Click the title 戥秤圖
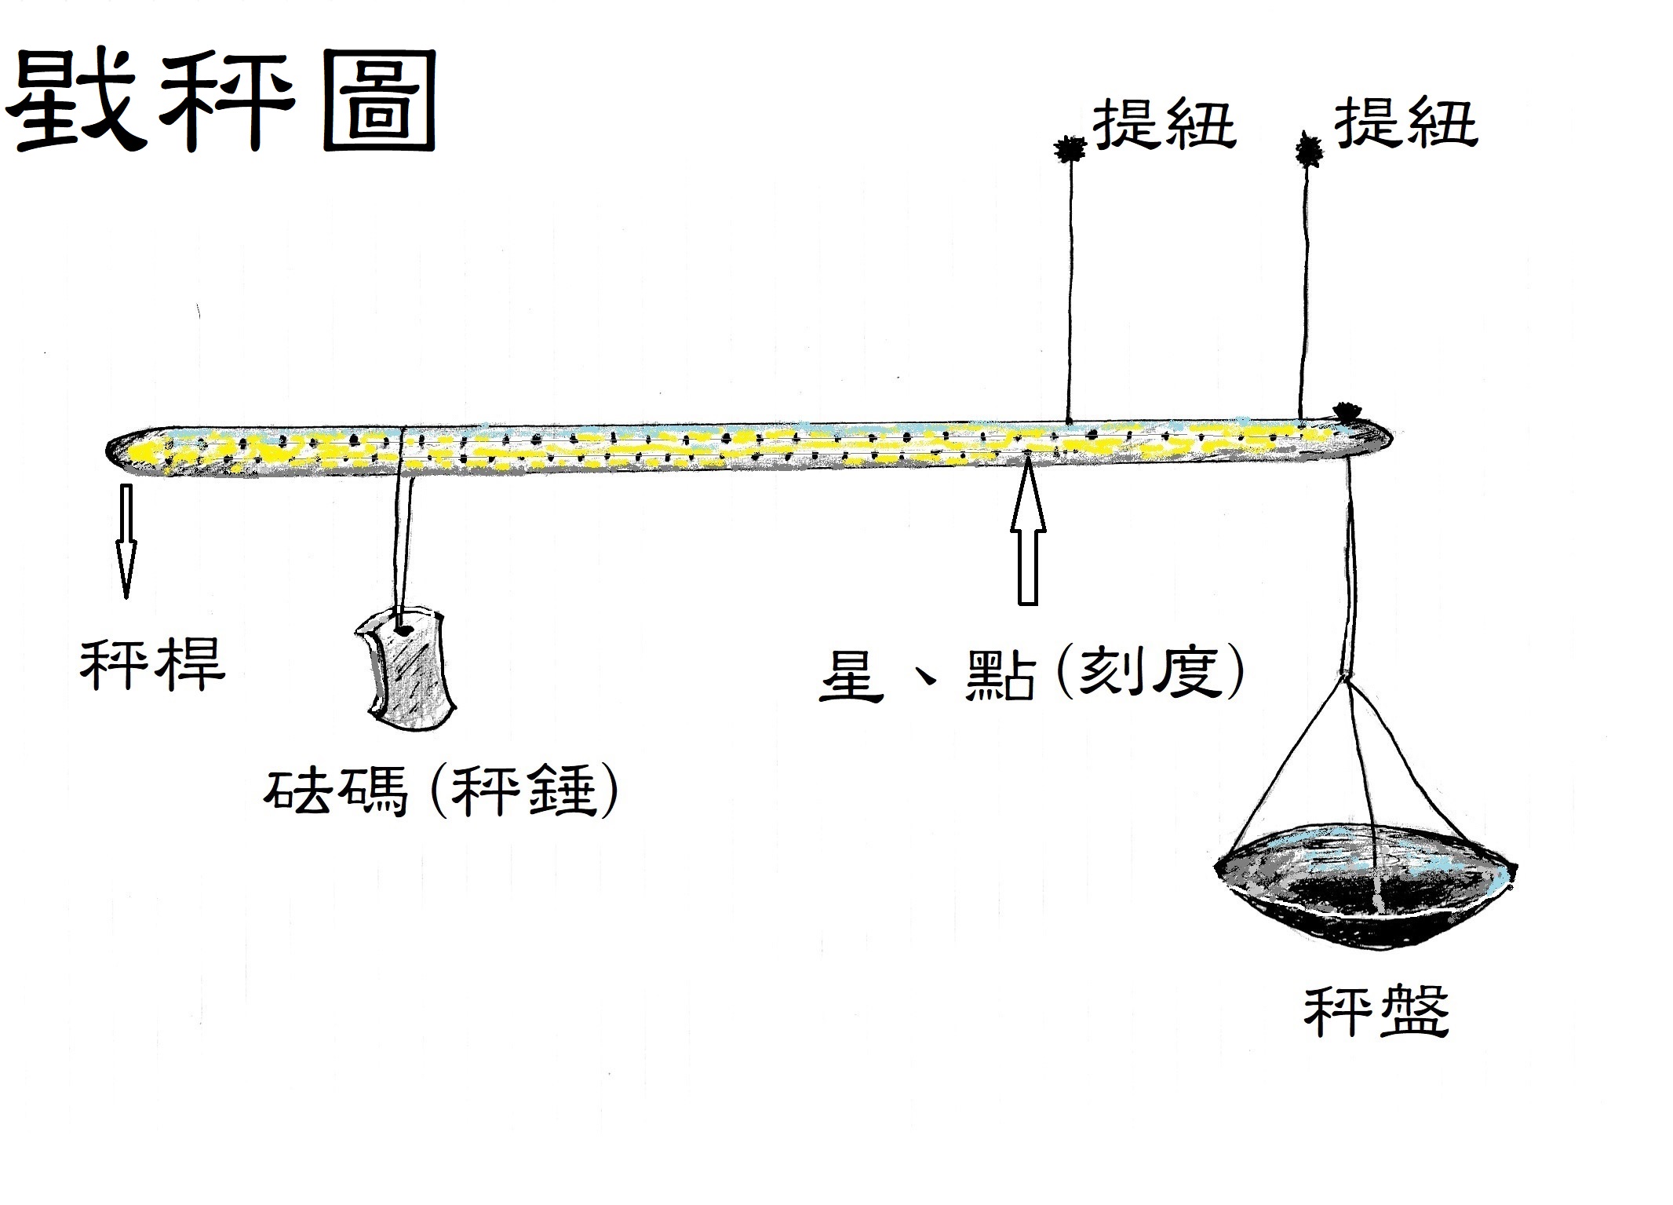point(222,101)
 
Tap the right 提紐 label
point(1405,122)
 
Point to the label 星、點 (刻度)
point(1032,674)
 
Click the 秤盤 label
point(1376,1012)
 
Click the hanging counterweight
point(406,668)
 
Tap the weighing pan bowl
point(1365,886)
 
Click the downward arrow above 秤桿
point(126,542)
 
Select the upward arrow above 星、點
point(1028,535)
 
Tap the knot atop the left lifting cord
point(1070,148)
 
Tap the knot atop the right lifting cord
point(1308,149)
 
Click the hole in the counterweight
point(405,629)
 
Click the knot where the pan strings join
point(1347,677)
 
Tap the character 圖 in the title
point(380,101)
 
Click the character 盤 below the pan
point(1413,1012)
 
